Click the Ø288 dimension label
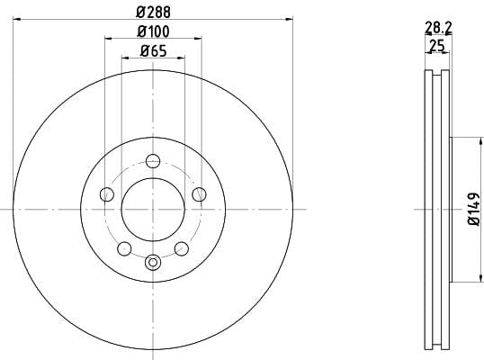point(153,13)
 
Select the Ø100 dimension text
point(153,31)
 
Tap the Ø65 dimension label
point(153,51)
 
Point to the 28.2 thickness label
point(438,28)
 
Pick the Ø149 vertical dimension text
point(474,210)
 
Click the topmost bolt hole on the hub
point(153,161)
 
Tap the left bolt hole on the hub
point(107,194)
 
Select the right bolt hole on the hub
point(199,194)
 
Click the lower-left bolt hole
point(124,248)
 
